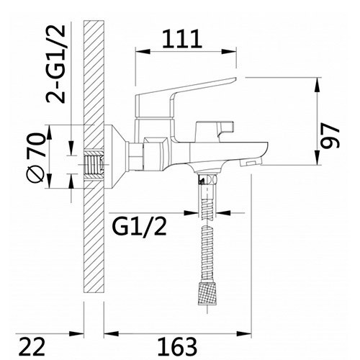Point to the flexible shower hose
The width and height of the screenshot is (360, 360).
[207, 238]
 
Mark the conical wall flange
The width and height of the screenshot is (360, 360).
[115, 155]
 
